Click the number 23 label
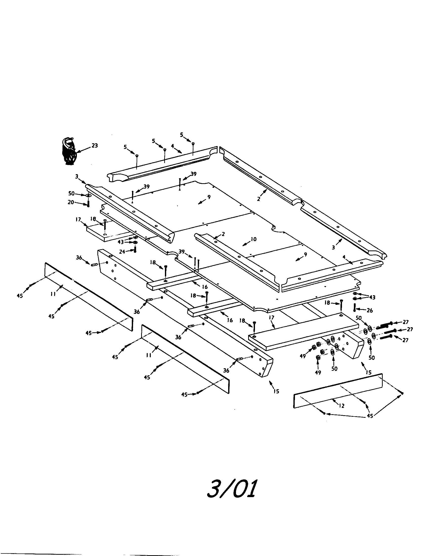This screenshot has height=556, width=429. pyautogui.click(x=95, y=146)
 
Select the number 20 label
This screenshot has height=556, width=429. pyautogui.click(x=71, y=202)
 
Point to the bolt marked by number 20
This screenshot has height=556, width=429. pyautogui.click(x=88, y=204)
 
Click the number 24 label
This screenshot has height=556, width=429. pyautogui.click(x=122, y=251)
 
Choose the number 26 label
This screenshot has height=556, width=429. pyautogui.click(x=369, y=310)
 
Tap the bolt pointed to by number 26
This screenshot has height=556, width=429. pyautogui.click(x=354, y=308)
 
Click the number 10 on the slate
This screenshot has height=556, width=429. pyautogui.click(x=253, y=239)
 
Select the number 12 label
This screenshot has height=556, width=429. pyautogui.click(x=342, y=406)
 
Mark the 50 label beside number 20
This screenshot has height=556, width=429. pyautogui.click(x=71, y=194)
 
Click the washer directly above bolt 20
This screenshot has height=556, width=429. pyautogui.click(x=88, y=196)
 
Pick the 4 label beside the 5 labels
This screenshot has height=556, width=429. pyautogui.click(x=173, y=146)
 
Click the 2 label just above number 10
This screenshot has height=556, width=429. pyautogui.click(x=223, y=234)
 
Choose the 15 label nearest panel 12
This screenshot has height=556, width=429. pyautogui.click(x=368, y=372)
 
